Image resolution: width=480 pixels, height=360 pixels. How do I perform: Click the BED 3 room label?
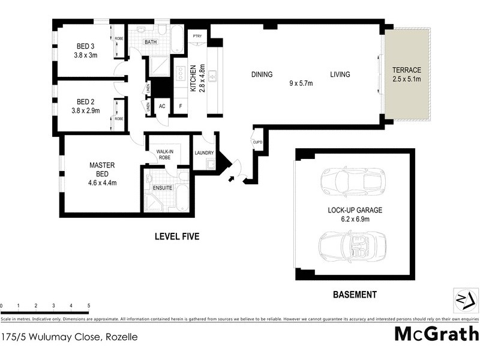coord(85,46)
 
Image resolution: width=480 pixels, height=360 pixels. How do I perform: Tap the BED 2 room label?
coord(85,101)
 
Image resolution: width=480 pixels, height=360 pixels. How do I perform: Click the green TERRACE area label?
coord(407,70)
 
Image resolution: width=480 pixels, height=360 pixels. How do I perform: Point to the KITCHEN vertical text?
coord(193,77)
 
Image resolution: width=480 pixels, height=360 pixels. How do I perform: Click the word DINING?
coord(262,75)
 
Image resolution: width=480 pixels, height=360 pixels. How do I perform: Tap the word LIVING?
coord(340,75)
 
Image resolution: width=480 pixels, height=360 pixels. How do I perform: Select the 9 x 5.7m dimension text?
coord(301,83)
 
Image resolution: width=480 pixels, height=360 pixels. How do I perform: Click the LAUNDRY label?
coord(204,153)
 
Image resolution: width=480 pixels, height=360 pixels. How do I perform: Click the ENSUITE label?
coord(162,188)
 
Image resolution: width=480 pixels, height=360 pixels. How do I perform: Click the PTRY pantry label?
coord(196,37)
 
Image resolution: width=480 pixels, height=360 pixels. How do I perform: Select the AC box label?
coord(161,106)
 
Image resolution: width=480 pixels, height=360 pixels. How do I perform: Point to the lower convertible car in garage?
coord(350,246)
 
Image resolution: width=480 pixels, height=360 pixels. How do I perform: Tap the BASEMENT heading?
coord(355,295)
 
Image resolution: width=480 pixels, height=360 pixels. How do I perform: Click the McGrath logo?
coord(436,334)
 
